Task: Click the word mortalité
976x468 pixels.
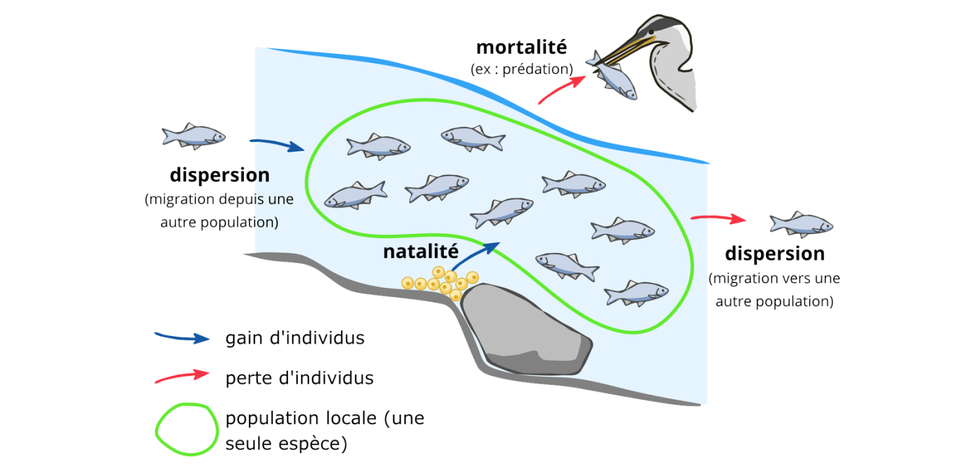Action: coord(522,47)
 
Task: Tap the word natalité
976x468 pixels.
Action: coord(420,252)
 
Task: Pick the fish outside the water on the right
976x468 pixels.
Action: coord(801,224)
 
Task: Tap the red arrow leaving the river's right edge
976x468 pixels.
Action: coord(719,218)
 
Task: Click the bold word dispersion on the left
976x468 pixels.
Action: coord(219,175)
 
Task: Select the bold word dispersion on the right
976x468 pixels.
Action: coord(775,254)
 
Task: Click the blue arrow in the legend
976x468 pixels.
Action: coord(182,337)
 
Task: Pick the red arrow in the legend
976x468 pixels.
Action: coord(182,376)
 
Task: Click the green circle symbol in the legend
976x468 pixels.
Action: coord(187,429)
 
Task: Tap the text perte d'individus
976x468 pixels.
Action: coord(300,378)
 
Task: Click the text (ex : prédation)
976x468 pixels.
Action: coord(522,70)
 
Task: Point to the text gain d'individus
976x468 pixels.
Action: coord(295,338)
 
